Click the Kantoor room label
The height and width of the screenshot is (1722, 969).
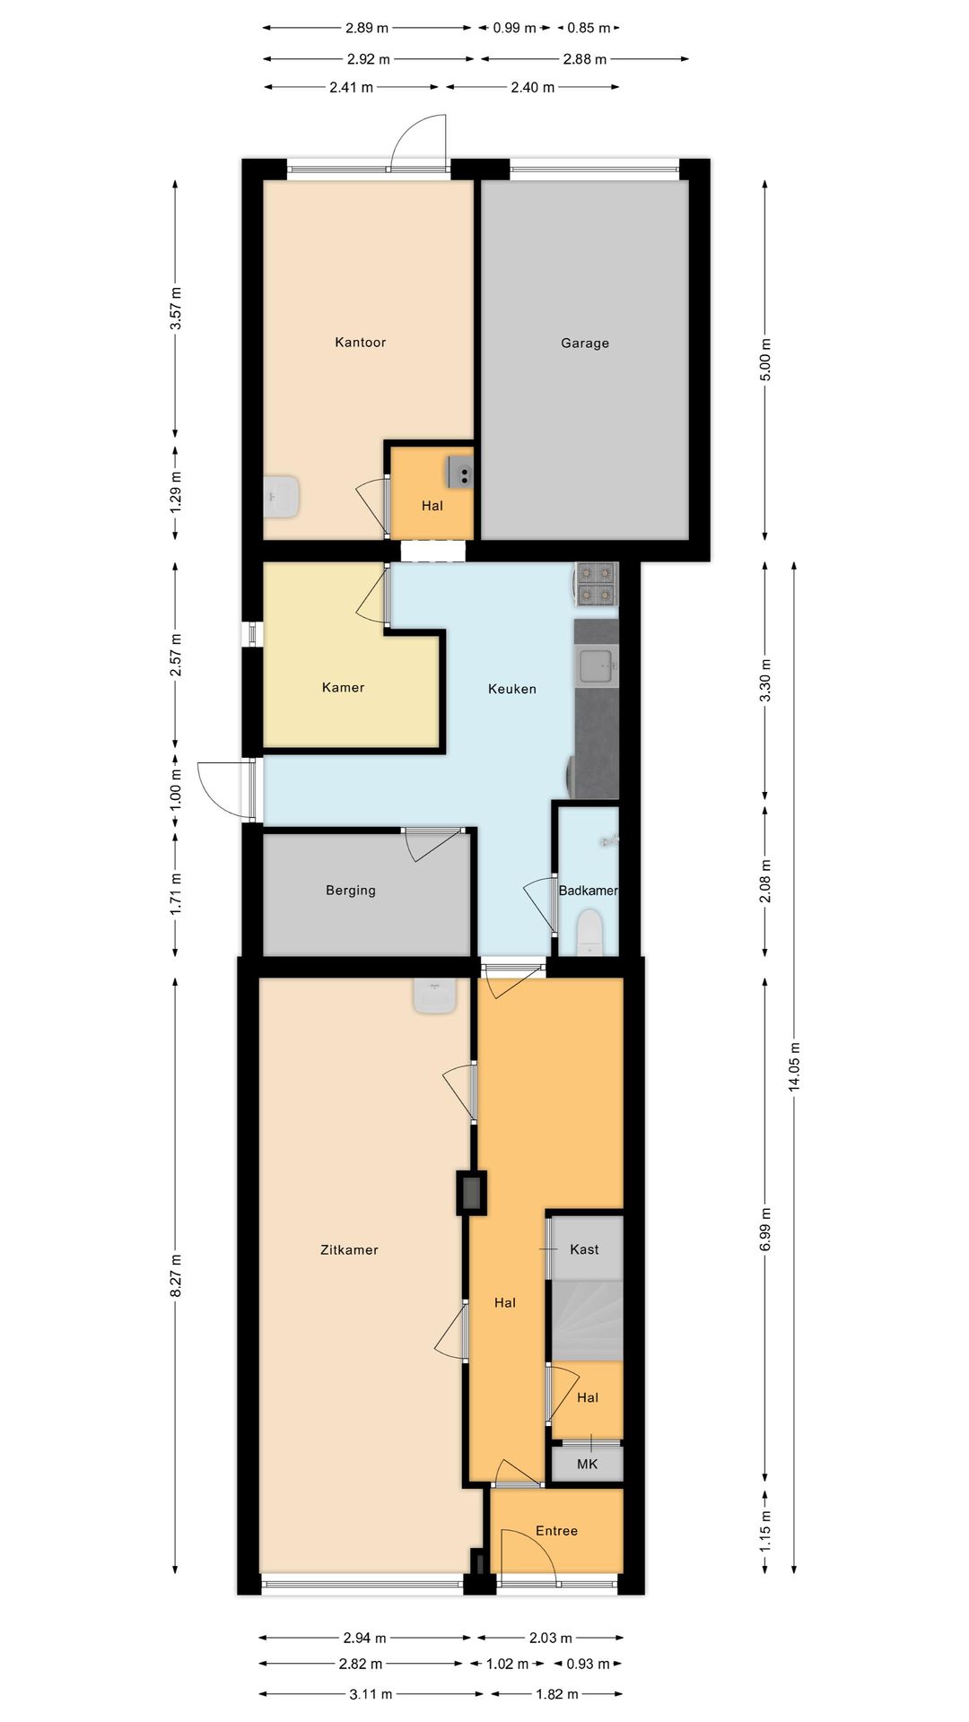point(360,342)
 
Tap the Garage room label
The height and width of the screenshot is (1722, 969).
point(584,343)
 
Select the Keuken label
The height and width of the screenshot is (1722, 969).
point(511,689)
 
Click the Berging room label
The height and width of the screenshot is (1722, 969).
point(350,890)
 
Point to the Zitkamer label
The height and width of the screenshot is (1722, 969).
point(349,1249)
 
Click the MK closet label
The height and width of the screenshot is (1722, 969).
point(587,1464)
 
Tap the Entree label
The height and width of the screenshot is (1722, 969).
point(556,1530)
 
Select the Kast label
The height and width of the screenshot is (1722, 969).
point(584,1248)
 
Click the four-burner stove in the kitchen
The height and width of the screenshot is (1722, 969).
point(597,583)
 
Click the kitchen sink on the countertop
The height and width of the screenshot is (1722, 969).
point(596,666)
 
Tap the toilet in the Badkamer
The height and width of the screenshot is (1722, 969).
point(589,933)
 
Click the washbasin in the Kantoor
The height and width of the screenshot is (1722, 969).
point(284,496)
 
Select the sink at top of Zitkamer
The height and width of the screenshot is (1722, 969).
point(435,996)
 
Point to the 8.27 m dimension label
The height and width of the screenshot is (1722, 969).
point(176,1274)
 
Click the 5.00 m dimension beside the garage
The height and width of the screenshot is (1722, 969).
point(764,359)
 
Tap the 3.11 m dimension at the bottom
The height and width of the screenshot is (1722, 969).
point(370,1693)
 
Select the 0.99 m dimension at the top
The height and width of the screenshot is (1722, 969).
point(514,28)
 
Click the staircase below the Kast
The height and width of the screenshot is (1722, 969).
point(586,1320)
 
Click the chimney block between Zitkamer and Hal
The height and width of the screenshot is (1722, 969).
point(471,1193)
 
